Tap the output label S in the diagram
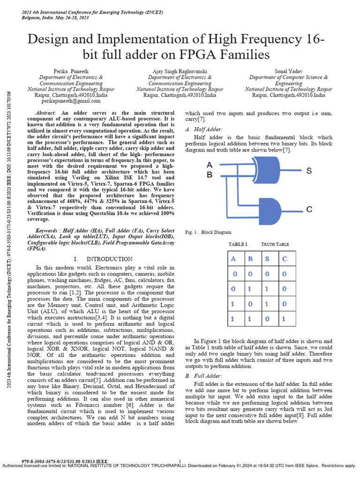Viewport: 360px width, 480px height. click(x=309, y=171)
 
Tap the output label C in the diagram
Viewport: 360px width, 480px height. click(x=309, y=210)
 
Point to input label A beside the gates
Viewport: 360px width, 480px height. click(x=210, y=165)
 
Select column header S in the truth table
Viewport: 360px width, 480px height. click(x=266, y=259)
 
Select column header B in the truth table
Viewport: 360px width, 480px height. click(x=250, y=259)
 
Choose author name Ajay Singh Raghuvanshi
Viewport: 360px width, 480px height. click(x=180, y=71)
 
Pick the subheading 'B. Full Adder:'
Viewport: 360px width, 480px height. click(x=203, y=376)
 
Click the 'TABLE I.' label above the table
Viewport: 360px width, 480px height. click(x=238, y=244)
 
